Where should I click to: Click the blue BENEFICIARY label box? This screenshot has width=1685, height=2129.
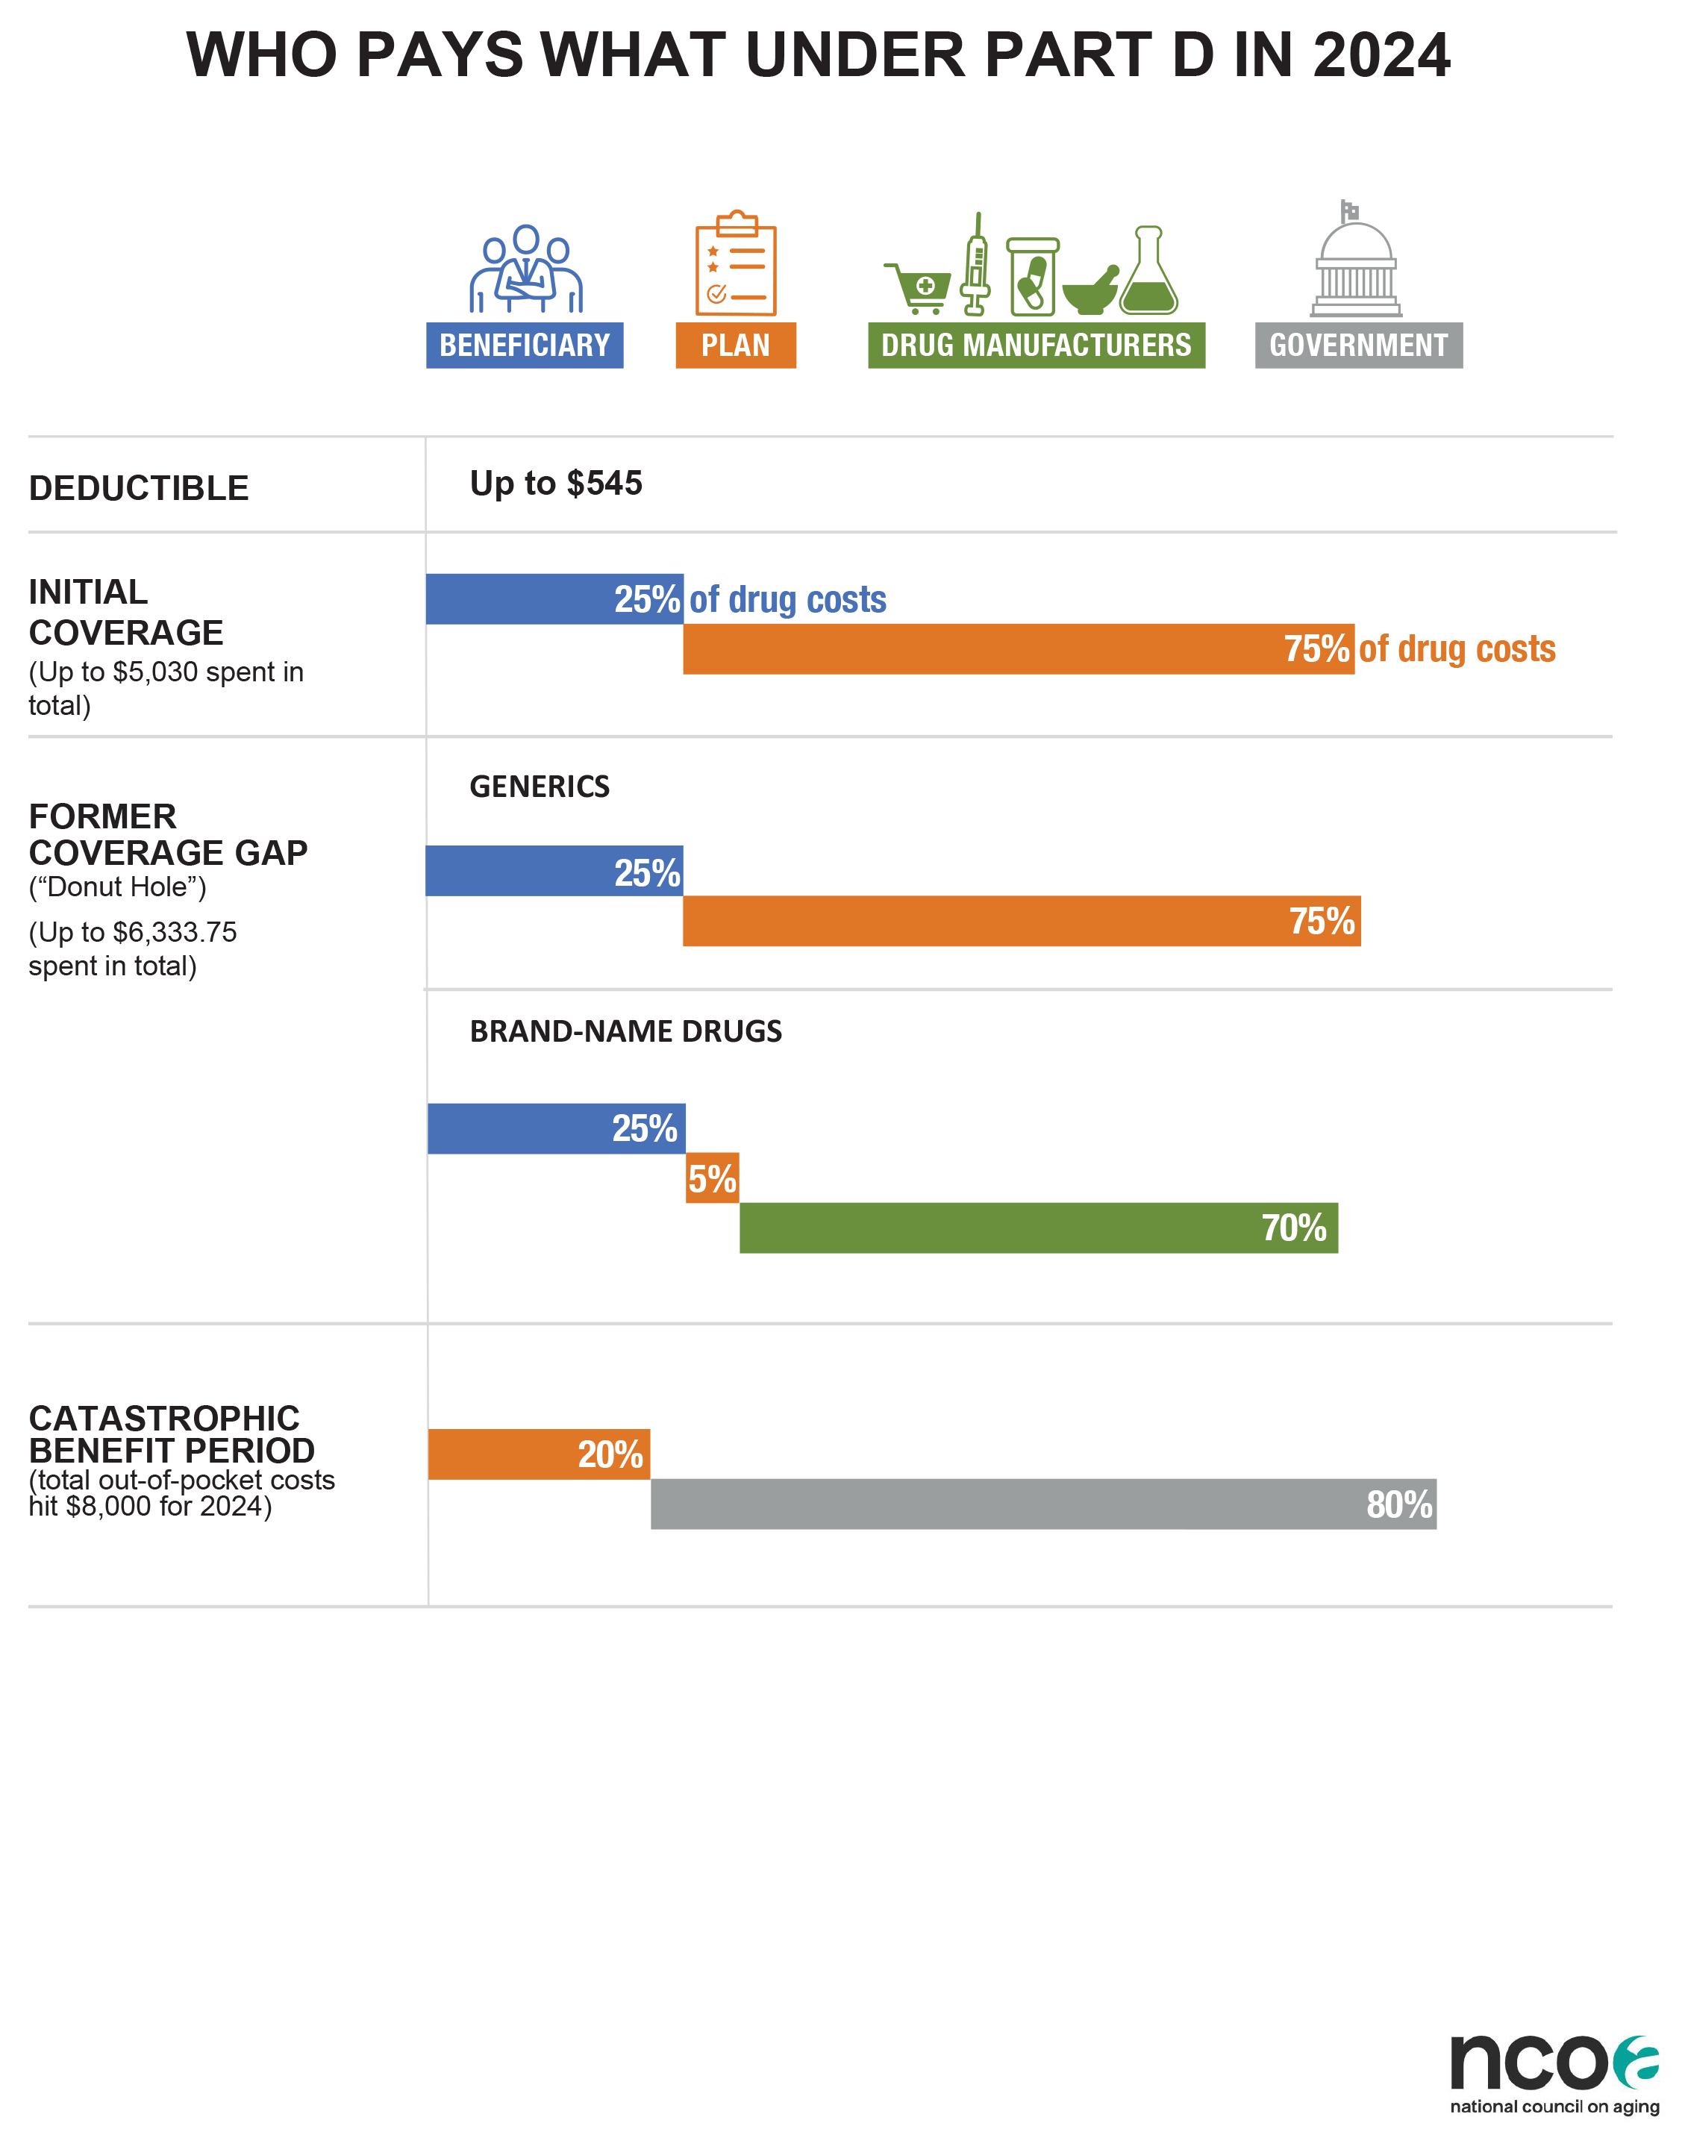[524, 346]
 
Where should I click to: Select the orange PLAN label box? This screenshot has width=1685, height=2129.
[735, 346]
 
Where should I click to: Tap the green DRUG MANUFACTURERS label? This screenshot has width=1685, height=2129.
[1036, 346]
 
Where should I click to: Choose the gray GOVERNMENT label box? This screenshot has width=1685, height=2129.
[1358, 346]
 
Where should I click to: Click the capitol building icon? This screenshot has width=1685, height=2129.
[1357, 258]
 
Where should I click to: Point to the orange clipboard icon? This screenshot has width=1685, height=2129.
[736, 263]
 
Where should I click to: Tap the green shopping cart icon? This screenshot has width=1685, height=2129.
[917, 288]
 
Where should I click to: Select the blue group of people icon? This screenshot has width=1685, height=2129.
[526, 269]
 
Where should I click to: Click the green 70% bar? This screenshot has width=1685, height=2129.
[1039, 1228]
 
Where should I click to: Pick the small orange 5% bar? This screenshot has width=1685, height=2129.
[712, 1178]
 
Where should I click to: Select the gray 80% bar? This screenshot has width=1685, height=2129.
[1044, 1504]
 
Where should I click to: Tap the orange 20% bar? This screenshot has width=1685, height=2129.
[539, 1454]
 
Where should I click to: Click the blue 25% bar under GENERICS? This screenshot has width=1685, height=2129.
[554, 871]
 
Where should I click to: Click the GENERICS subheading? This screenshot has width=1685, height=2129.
[540, 787]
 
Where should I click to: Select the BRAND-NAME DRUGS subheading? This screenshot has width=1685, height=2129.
[625, 1031]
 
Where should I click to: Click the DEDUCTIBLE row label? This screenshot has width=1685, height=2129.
[139, 488]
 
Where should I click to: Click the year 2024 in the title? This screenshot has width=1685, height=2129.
[1381, 54]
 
